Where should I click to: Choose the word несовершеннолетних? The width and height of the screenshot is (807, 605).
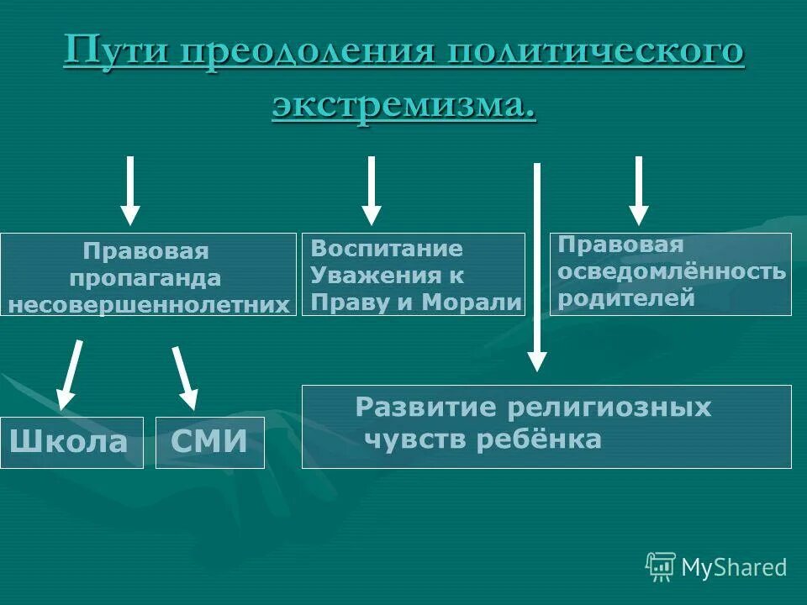click(149, 303)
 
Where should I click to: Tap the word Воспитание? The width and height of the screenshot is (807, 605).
click(387, 249)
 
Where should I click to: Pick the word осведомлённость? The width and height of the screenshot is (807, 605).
click(672, 271)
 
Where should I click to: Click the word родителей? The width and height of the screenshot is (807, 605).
click(626, 297)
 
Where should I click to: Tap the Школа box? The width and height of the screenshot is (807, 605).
click(71, 442)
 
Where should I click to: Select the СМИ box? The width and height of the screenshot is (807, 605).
click(209, 442)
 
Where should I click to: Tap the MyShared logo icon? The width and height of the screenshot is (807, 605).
click(660, 567)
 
